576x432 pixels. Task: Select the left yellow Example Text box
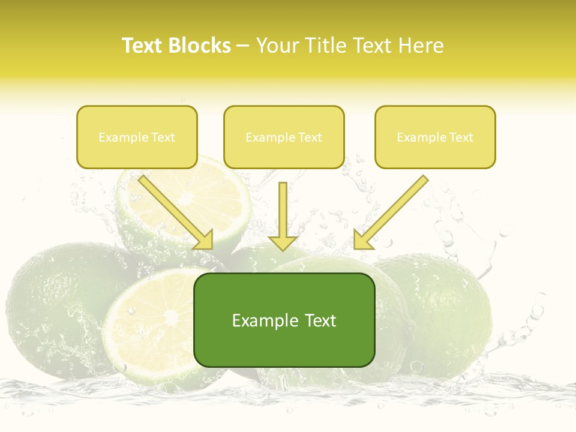click(x=137, y=137)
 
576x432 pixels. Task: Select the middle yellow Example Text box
click(x=284, y=137)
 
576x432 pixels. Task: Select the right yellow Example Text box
click(x=435, y=137)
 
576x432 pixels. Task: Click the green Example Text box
click(x=284, y=320)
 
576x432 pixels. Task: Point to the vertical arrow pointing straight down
click(x=283, y=216)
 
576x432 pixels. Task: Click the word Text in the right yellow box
click(x=461, y=137)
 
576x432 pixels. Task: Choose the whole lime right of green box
click(x=438, y=312)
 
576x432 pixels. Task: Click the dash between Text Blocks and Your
click(x=243, y=46)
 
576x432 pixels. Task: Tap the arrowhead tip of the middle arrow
click(x=283, y=249)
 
